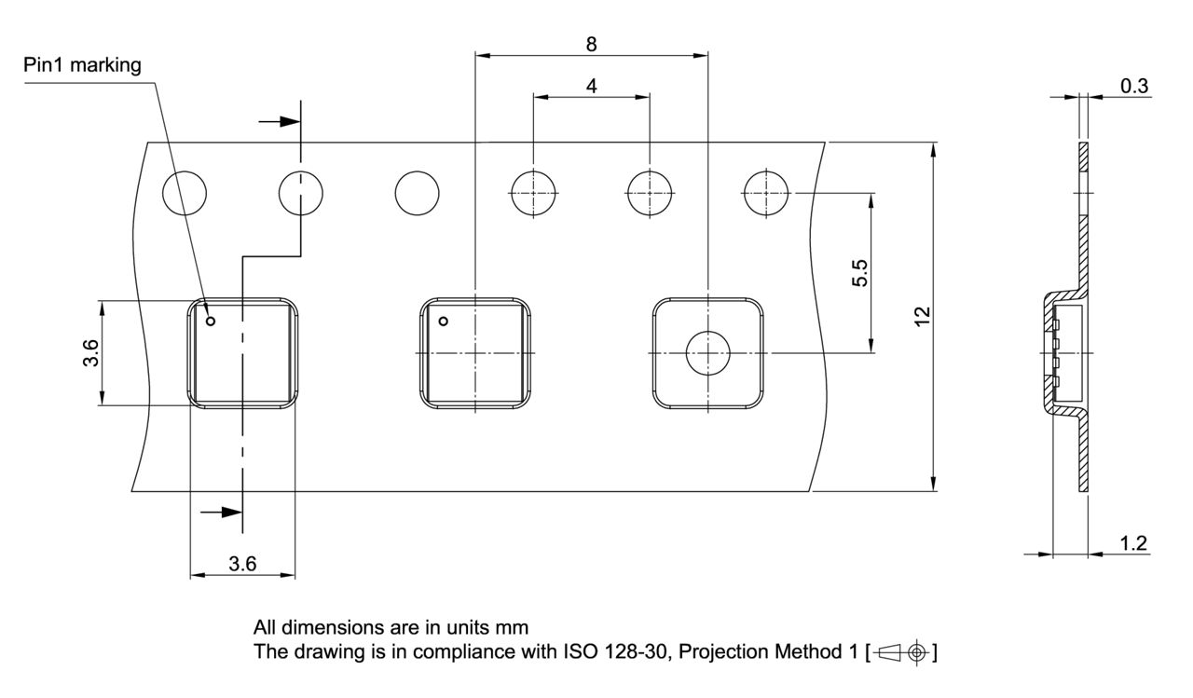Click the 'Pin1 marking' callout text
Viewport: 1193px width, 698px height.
pos(83,65)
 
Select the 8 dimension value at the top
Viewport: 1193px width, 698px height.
pos(591,43)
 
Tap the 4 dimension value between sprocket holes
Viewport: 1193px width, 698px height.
pos(591,85)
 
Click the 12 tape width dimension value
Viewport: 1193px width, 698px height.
pos(922,317)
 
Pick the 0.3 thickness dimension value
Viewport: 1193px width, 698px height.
pos(1133,86)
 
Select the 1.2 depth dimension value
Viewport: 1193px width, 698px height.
pos(1133,543)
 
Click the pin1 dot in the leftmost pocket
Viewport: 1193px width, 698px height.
pos(211,322)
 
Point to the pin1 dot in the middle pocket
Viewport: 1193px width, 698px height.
pos(444,322)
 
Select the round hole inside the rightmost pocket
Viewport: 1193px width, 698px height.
pos(707,353)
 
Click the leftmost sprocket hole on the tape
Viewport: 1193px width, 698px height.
pos(185,194)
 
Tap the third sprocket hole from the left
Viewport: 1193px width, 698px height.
pos(417,194)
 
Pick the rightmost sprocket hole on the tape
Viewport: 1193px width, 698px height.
pos(765,194)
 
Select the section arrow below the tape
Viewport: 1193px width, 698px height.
pos(222,511)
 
